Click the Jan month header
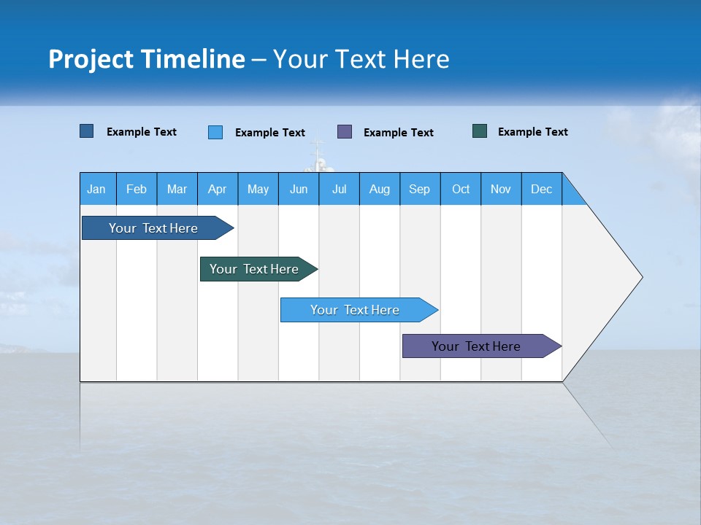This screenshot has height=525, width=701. (96, 190)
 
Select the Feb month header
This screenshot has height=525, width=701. (137, 190)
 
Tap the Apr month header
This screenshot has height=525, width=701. (217, 190)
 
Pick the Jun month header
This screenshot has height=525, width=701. (299, 190)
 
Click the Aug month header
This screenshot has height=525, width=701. (379, 190)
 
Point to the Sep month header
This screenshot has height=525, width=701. (419, 190)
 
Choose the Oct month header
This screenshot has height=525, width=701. (461, 190)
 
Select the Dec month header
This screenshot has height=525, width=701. (541, 190)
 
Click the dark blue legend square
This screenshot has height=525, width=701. (87, 131)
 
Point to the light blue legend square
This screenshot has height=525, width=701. (215, 132)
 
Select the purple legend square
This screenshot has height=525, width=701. (345, 131)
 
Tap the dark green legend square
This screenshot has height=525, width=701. (480, 131)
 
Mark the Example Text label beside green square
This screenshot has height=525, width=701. (532, 132)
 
